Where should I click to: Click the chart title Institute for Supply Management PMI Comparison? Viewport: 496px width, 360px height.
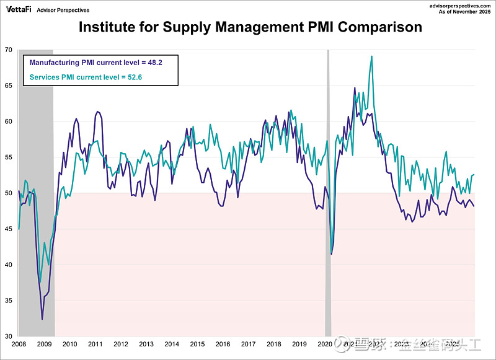250,27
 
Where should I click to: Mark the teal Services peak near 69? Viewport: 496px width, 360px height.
371,56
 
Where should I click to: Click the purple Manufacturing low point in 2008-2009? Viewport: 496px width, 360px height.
42,319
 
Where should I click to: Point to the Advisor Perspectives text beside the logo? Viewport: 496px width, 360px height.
63,10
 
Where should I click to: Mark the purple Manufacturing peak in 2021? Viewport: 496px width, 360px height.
355,88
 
